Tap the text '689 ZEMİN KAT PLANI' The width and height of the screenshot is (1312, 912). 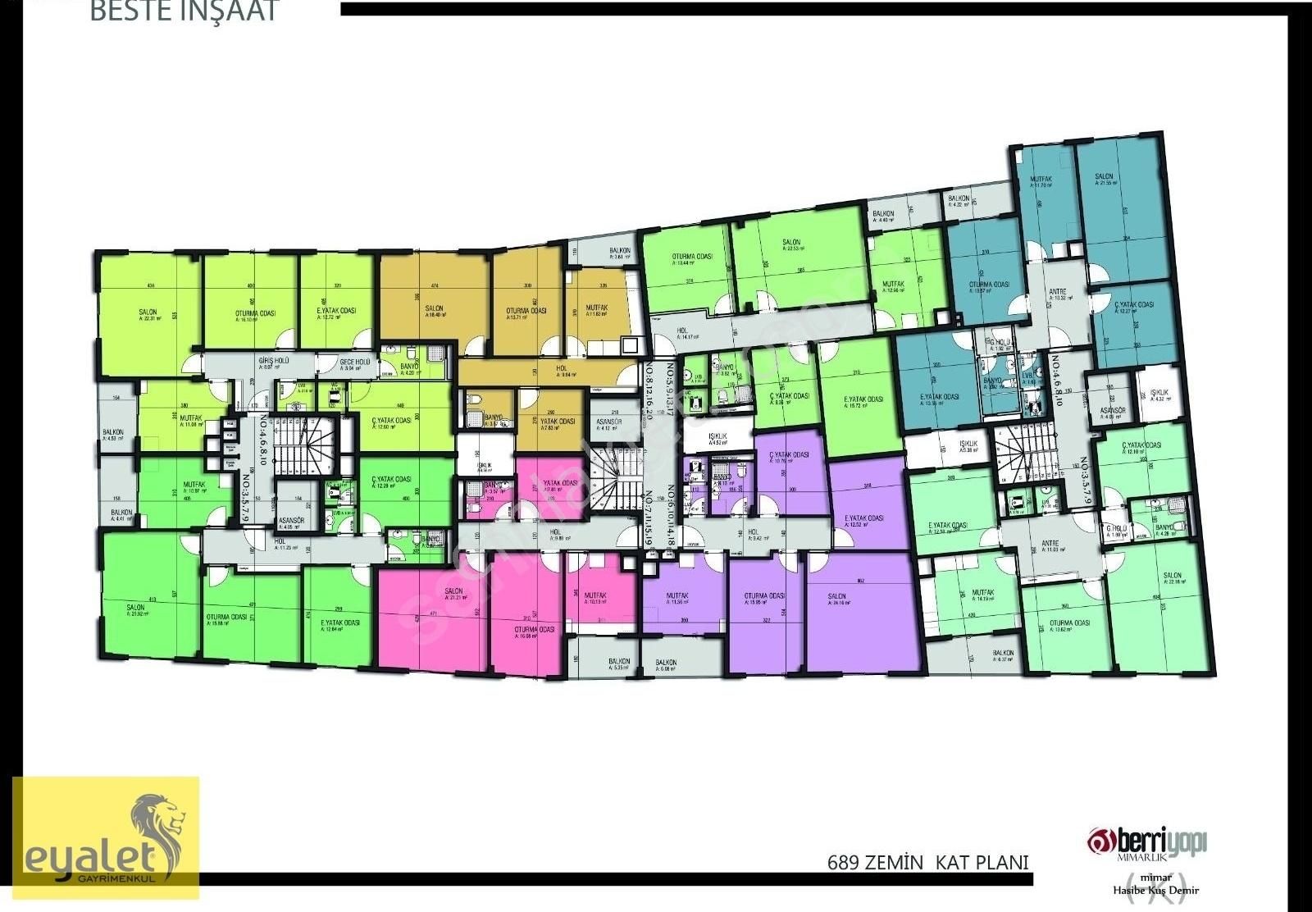click(927, 862)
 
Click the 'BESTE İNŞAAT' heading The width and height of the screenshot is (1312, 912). click(184, 11)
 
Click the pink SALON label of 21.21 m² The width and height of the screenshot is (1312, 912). click(453, 593)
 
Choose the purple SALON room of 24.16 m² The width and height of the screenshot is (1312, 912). click(837, 598)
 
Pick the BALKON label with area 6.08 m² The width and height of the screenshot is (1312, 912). click(665, 663)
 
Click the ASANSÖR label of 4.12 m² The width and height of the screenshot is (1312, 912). click(609, 423)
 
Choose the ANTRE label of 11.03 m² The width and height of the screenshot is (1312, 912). click(1050, 545)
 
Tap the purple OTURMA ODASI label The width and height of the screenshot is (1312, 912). click(764, 598)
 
